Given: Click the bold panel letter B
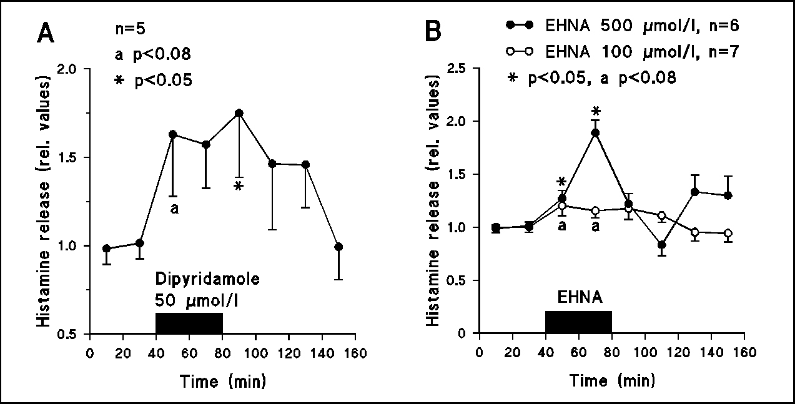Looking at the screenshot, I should [x=435, y=32].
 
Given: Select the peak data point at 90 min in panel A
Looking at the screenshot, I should [x=239, y=113].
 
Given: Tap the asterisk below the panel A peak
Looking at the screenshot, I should [x=239, y=186].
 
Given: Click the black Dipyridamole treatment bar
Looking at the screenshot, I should [x=189, y=323].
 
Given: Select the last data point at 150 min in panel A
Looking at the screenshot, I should [x=338, y=247].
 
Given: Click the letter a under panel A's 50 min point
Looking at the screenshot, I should [x=174, y=209].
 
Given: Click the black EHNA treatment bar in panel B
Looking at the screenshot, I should [x=578, y=322].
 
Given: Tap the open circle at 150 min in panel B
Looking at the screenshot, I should [x=728, y=234].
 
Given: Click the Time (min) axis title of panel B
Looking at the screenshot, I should [x=611, y=380].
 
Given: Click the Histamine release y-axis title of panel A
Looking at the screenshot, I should [x=46, y=201].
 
